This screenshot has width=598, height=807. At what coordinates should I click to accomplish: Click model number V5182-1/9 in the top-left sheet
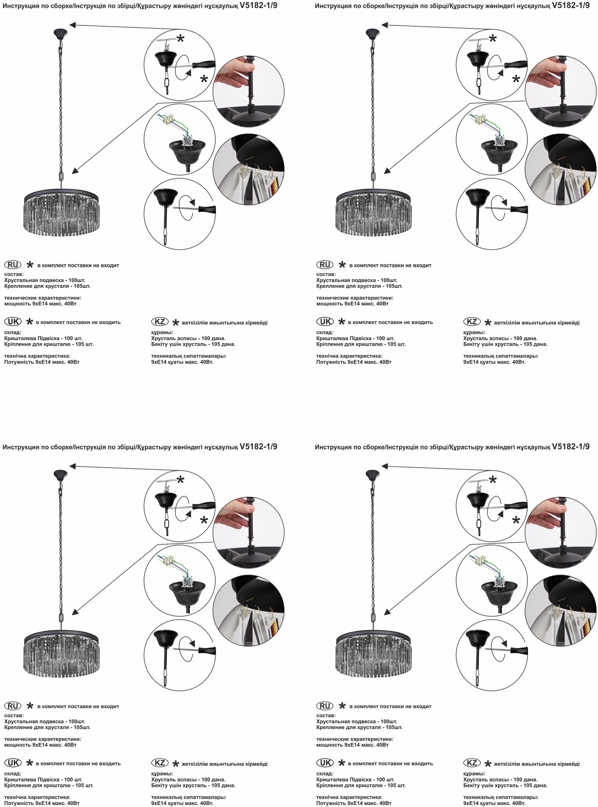pos(258,6)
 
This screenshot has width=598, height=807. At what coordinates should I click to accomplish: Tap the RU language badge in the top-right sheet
pos(325,265)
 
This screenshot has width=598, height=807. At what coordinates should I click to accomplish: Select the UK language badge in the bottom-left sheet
pos(13,763)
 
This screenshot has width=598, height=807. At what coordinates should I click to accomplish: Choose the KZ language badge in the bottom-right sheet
pos(472,763)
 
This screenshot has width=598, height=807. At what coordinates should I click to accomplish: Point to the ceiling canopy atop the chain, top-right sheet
pos(372,33)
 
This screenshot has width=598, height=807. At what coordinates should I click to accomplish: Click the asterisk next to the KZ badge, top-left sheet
pos(176,323)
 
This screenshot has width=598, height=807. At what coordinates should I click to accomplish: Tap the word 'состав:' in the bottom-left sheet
pos(14,715)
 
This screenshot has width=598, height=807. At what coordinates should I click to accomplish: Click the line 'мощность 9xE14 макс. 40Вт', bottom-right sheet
pos(352,745)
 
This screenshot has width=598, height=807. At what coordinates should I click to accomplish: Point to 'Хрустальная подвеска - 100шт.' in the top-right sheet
pos(357,280)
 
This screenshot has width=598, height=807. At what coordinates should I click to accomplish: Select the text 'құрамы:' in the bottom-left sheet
pos(162,774)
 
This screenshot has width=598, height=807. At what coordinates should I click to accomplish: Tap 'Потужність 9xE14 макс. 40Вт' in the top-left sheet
pos(42,362)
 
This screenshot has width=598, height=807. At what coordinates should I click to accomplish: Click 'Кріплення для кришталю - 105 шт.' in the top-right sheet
pos(361,344)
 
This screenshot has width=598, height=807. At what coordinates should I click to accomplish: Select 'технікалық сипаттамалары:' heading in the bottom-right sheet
pos(501,797)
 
